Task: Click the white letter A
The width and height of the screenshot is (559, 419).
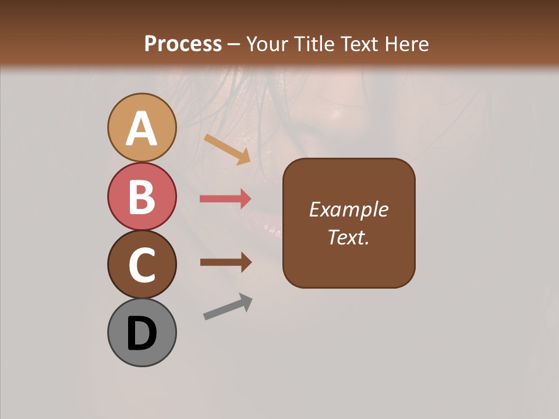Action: pos(141,129)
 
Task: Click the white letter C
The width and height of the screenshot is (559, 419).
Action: pos(141,265)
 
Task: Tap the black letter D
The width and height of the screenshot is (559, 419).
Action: pos(141,333)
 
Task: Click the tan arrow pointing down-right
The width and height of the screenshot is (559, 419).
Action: pos(227,149)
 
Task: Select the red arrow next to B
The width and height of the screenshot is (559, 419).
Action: pos(225,199)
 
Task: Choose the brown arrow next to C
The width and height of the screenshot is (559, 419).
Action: pos(225,262)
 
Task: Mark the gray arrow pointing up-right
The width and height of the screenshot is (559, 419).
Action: pos(228,306)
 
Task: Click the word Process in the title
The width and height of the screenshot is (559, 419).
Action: pos(183,44)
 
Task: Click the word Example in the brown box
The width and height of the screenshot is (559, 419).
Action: pos(348,210)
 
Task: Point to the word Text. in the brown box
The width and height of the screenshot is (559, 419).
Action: pos(348,237)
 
